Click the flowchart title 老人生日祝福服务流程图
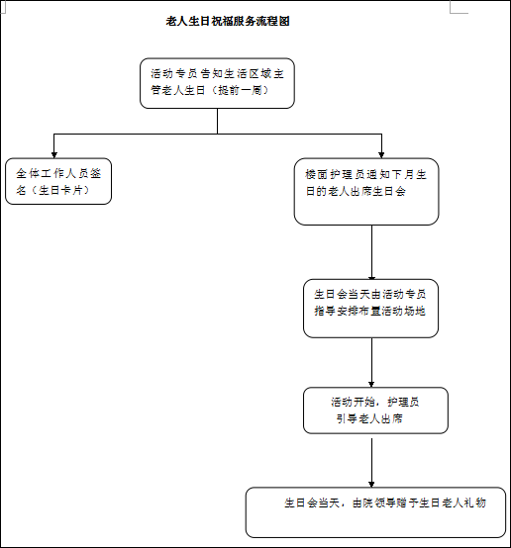228,22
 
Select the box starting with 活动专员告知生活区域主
217,83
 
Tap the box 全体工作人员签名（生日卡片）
58,181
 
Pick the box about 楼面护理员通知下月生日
366,192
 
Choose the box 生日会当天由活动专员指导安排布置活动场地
370,309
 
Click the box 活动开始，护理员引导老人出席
375,411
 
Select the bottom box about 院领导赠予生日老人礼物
375,512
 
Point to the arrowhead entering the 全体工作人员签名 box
53,155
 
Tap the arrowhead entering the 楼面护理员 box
381,155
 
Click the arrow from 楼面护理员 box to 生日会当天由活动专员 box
371,252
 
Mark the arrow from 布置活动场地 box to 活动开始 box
371,362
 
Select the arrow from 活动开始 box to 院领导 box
371,463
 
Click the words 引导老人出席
369,418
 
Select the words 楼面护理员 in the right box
333,174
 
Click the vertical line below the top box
217,121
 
